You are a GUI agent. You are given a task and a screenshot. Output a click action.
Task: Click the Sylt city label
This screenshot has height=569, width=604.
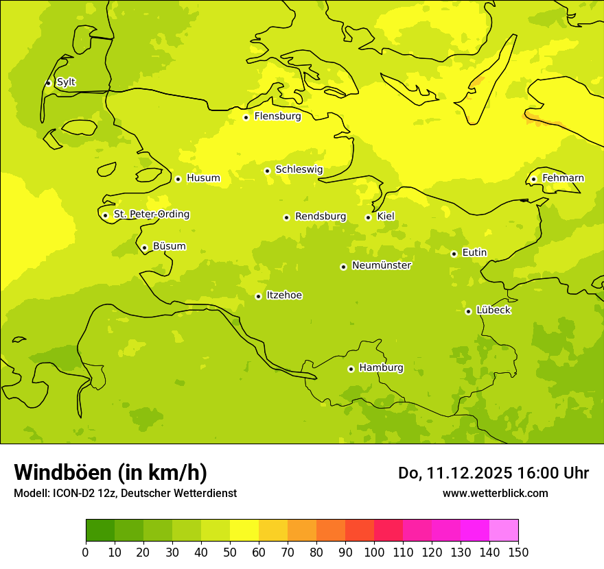(66, 82)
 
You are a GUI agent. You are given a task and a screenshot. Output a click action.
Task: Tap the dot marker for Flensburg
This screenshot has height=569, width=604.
(246, 117)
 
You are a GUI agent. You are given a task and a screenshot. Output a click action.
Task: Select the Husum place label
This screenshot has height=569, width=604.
(203, 178)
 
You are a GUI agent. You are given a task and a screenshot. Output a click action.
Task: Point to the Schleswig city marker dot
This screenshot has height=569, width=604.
(267, 171)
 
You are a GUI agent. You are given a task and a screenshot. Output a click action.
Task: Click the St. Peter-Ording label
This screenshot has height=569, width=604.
(151, 215)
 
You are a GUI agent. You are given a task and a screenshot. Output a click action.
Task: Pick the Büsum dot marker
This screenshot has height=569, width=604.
(144, 247)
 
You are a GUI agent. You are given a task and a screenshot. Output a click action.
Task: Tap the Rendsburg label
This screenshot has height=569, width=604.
(321, 217)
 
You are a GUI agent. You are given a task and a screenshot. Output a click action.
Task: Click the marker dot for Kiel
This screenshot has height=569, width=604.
(368, 217)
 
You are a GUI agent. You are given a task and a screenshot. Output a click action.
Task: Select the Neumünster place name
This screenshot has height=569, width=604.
(382, 265)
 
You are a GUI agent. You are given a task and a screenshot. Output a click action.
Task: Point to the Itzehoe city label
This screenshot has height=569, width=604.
(284, 295)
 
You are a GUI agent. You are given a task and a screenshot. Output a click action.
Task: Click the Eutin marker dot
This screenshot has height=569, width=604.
(454, 254)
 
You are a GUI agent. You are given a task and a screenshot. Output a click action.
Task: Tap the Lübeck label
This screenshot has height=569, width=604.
(493, 311)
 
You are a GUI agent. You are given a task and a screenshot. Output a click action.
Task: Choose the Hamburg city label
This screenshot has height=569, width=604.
(382, 368)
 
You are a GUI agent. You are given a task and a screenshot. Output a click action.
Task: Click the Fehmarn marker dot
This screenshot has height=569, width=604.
(533, 179)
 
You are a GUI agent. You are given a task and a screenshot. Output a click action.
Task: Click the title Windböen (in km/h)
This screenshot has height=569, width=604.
(111, 472)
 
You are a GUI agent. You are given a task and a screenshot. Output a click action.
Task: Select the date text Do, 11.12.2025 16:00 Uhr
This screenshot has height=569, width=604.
(493, 473)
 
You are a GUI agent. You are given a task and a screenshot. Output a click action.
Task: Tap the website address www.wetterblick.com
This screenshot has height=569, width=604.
(495, 493)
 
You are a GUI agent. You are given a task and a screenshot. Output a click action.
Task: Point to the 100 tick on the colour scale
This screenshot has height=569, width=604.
(374, 553)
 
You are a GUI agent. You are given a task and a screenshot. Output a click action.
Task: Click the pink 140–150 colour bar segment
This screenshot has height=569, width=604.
(504, 531)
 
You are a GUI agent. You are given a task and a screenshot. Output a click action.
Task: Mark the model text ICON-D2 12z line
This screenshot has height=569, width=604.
(125, 494)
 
